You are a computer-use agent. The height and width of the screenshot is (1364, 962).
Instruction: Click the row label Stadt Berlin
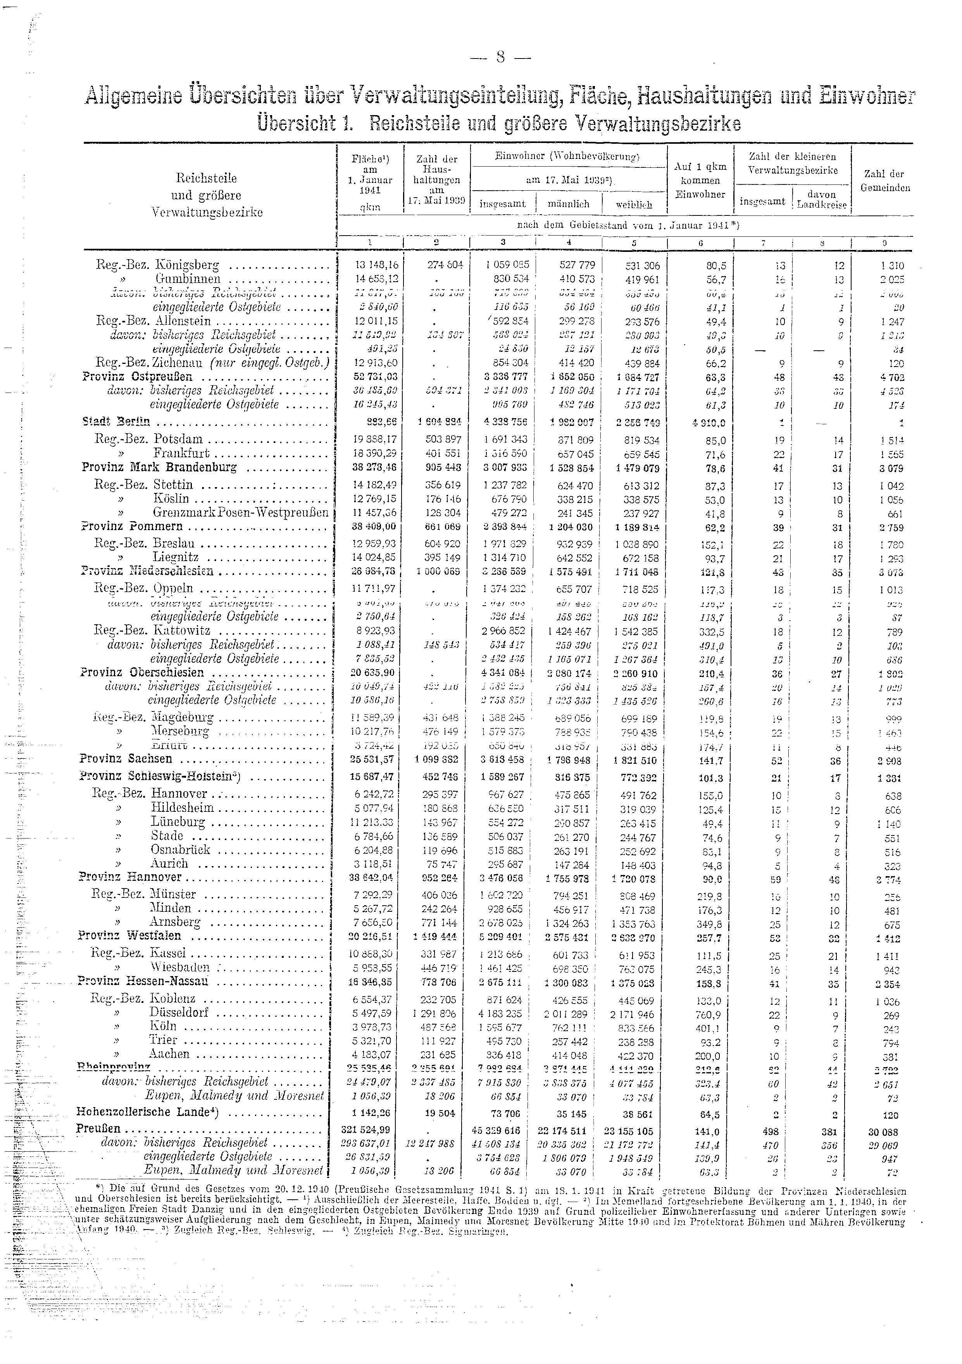pos(116,422)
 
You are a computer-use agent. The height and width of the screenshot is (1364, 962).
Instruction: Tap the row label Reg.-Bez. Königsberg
pos(157,265)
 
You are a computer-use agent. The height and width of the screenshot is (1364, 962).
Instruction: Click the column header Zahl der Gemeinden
pos(884,181)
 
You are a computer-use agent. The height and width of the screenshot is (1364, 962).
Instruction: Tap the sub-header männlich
pos(569,204)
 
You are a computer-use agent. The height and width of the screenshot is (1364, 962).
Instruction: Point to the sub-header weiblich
pos(634,204)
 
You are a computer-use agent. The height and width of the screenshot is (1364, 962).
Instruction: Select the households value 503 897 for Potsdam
pos(441,440)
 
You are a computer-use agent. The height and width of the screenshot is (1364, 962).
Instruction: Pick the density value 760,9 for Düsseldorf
pos(710,1015)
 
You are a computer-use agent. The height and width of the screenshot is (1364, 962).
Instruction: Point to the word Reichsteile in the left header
pos(206,178)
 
